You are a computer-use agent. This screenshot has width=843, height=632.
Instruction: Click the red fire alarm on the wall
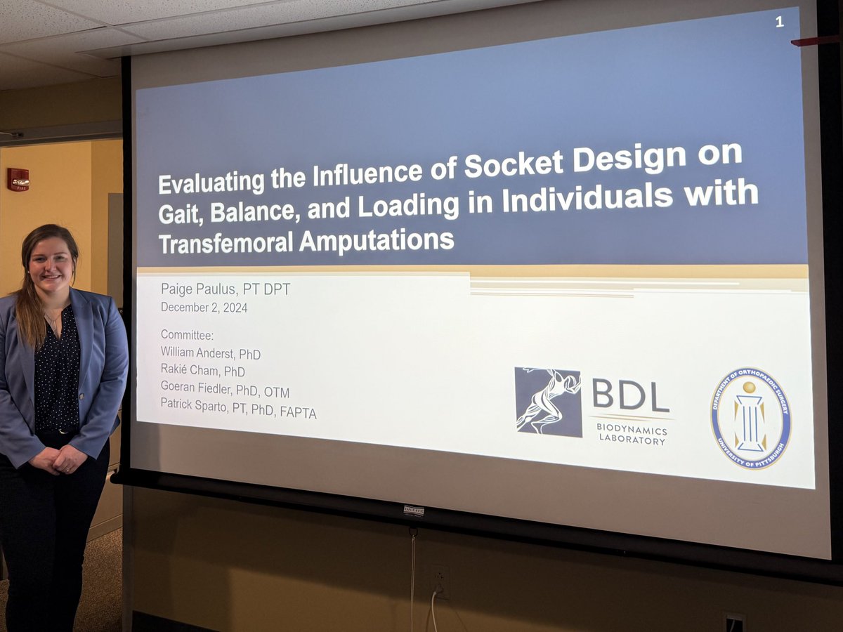[18, 180]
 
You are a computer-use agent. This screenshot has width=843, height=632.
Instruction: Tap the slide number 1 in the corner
[779, 22]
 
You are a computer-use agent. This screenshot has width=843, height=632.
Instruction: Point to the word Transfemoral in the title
[225, 243]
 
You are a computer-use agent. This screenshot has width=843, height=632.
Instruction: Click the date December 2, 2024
[204, 308]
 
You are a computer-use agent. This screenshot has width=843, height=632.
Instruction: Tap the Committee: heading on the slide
[187, 335]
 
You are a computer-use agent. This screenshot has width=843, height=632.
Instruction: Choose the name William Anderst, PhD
[211, 354]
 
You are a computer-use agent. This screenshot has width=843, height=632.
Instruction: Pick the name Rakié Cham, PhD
[203, 371]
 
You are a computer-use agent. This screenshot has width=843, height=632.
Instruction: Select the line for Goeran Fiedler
[225, 392]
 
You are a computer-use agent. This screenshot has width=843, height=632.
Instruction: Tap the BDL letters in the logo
[630, 395]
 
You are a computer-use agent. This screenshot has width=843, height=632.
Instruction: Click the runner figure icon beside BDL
[548, 401]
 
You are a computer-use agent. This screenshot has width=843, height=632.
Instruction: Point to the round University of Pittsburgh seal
[750, 418]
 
